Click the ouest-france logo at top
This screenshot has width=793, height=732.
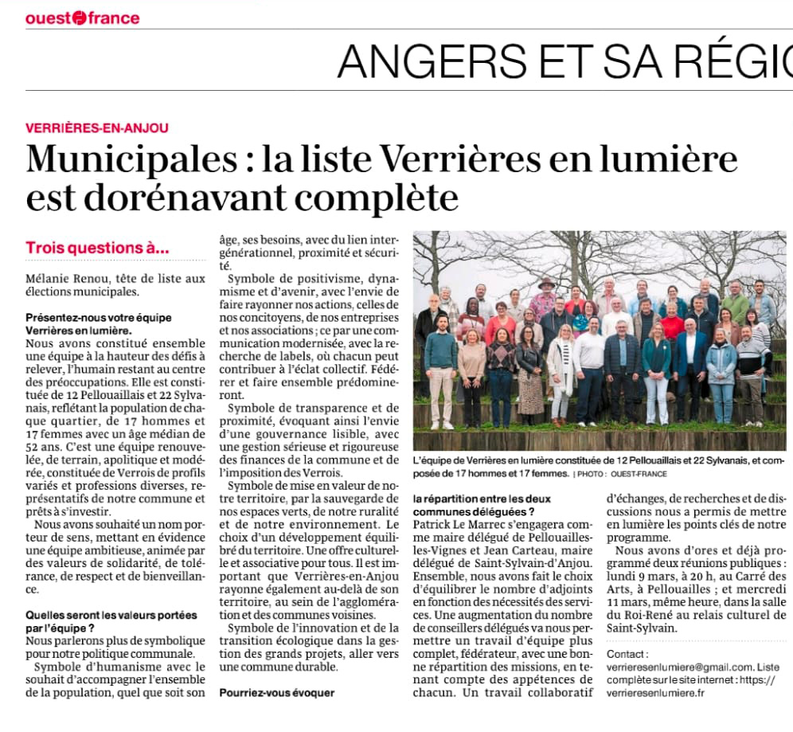coord(82,18)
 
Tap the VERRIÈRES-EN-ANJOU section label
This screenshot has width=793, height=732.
coord(96,127)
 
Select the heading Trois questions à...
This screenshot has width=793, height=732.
coord(97,248)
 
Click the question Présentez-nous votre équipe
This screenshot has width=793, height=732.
coord(98,317)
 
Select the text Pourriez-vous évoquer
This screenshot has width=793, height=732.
coord(276,692)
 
